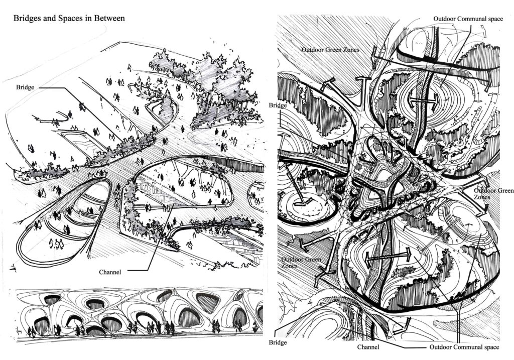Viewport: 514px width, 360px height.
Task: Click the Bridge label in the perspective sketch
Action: [x=25, y=87]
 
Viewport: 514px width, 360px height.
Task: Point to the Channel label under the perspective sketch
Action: [x=110, y=272]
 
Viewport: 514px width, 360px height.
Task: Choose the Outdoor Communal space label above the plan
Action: [x=468, y=19]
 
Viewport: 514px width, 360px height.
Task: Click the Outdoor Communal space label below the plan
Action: [x=464, y=347]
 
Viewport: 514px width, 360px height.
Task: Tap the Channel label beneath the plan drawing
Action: [x=368, y=347]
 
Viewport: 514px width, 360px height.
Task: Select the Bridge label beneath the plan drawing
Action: [x=278, y=342]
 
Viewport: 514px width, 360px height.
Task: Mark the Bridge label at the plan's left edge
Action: [x=278, y=105]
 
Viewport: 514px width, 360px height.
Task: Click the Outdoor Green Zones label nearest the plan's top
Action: [x=330, y=50]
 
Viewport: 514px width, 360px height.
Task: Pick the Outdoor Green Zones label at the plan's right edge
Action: [x=494, y=194]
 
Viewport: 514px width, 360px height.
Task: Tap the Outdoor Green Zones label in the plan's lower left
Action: [x=301, y=263]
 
